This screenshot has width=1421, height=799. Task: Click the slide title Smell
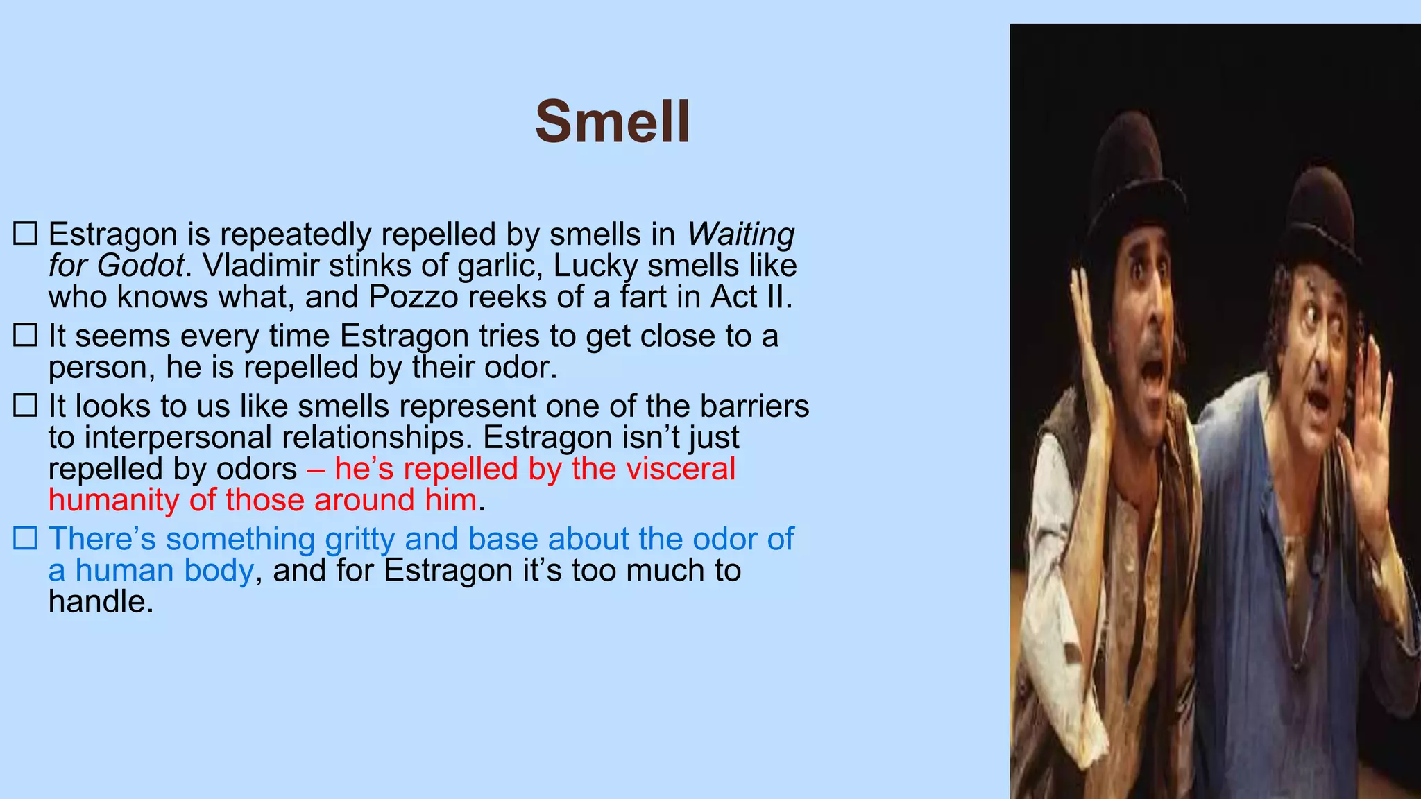pyautogui.click(x=613, y=122)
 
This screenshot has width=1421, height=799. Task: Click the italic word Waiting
pyautogui.click(x=740, y=234)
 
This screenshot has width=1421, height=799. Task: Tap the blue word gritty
pyautogui.click(x=361, y=539)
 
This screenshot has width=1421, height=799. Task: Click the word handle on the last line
pyautogui.click(x=100, y=601)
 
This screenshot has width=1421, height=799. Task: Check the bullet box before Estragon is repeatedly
pyautogui.click(x=25, y=234)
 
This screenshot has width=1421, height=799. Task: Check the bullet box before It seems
pyautogui.click(x=25, y=336)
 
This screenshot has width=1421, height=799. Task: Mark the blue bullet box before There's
pyautogui.click(x=25, y=539)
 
